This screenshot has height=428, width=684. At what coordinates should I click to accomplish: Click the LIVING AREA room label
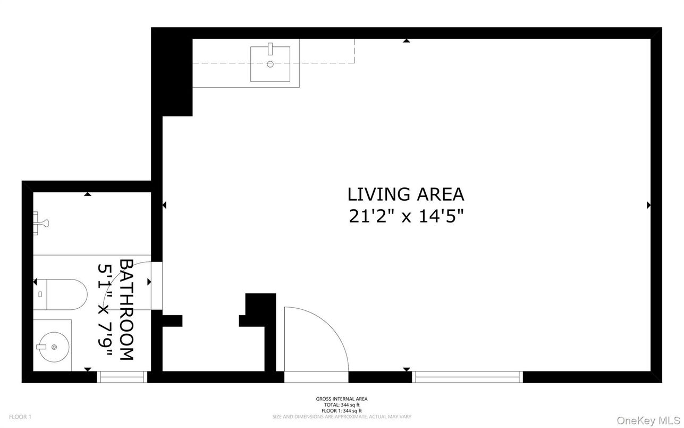point(406,194)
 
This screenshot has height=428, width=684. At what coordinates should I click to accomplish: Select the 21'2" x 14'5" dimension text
point(406,217)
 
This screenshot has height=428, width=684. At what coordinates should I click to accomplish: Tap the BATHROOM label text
point(126,310)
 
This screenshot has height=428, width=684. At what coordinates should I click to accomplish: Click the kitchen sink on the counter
point(270,64)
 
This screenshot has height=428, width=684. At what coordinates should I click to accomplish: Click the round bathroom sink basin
point(54,347)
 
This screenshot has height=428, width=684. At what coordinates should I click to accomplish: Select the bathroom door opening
point(157,286)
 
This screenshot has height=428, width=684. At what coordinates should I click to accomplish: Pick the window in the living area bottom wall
point(468,377)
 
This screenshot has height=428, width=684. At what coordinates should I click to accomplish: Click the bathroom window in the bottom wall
point(122,377)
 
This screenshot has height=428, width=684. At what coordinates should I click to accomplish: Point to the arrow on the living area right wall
point(648,205)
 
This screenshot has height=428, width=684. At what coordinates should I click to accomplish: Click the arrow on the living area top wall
point(407,40)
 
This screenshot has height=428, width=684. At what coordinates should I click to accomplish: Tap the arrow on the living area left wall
point(164,205)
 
